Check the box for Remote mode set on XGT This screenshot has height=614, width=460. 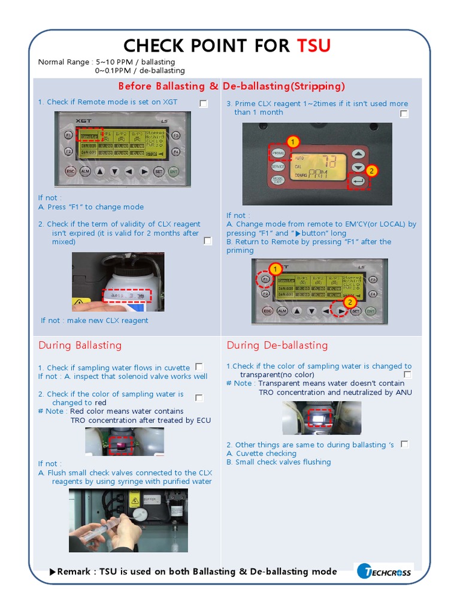(x=203, y=104)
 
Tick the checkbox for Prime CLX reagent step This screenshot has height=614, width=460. (x=404, y=113)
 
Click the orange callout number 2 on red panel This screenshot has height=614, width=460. (x=371, y=171)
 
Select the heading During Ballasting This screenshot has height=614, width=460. (x=80, y=345)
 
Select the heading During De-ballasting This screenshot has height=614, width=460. (x=277, y=345)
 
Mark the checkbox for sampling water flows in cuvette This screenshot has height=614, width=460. (x=199, y=366)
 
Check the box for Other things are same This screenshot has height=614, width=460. (x=404, y=444)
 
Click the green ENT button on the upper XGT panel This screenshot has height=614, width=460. (x=174, y=171)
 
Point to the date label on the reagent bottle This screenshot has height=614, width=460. (x=126, y=296)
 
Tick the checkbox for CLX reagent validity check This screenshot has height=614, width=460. (x=207, y=241)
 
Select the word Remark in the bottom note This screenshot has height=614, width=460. (x=75, y=571)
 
